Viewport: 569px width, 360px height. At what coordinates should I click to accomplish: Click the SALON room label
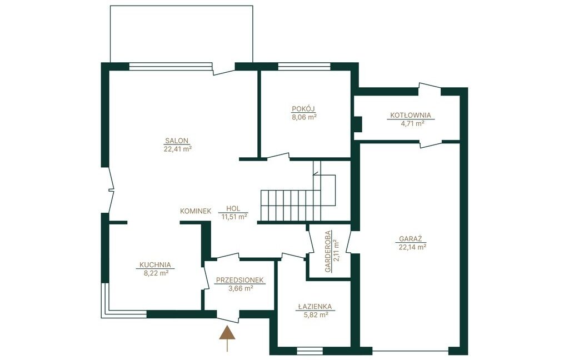[x=177, y=141]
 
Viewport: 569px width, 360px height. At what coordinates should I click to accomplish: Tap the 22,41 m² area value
[x=177, y=149]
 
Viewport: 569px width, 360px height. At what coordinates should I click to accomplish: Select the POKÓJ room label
[x=303, y=108]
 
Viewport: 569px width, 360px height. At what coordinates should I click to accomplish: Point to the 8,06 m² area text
[x=305, y=117]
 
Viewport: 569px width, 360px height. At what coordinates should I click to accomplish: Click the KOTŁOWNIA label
[x=411, y=116]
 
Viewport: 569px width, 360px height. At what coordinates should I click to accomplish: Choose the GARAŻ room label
[x=411, y=239]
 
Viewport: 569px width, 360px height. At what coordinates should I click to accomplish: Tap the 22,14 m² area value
[x=411, y=247]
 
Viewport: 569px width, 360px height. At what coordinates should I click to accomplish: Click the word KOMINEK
[x=196, y=211]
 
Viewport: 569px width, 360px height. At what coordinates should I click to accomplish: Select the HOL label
[x=233, y=209]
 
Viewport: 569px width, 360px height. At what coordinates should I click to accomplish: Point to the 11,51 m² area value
[x=234, y=217]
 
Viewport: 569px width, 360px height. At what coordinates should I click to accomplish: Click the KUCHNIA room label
[x=156, y=265]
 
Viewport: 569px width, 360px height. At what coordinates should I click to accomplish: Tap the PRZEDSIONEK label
[x=240, y=280]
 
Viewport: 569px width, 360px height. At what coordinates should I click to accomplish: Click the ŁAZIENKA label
[x=315, y=306]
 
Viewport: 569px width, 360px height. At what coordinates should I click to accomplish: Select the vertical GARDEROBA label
[x=328, y=252]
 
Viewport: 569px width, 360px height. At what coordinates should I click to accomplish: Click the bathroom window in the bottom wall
[x=310, y=351]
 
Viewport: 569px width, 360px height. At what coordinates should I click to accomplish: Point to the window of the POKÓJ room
[x=304, y=67]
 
